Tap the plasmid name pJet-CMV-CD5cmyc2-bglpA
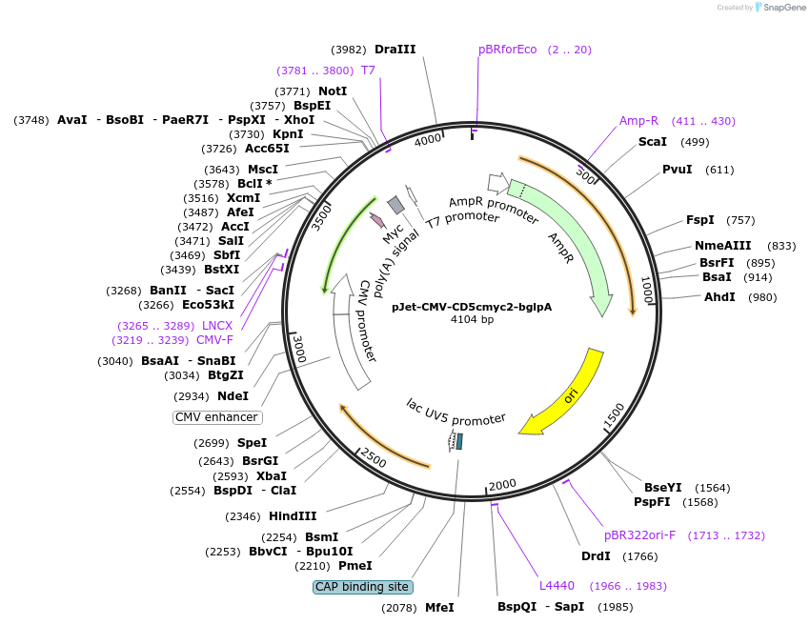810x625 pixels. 471,307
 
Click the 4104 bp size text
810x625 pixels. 471,319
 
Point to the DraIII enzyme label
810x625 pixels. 395,50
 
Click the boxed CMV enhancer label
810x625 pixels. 217,417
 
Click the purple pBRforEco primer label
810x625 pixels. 508,50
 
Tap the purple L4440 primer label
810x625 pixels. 557,585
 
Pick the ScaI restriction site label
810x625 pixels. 652,142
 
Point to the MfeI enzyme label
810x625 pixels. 439,607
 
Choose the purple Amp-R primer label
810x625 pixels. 638,121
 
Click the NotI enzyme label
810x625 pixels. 333,91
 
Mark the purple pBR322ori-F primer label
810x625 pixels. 639,535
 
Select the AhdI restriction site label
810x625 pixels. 719,297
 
